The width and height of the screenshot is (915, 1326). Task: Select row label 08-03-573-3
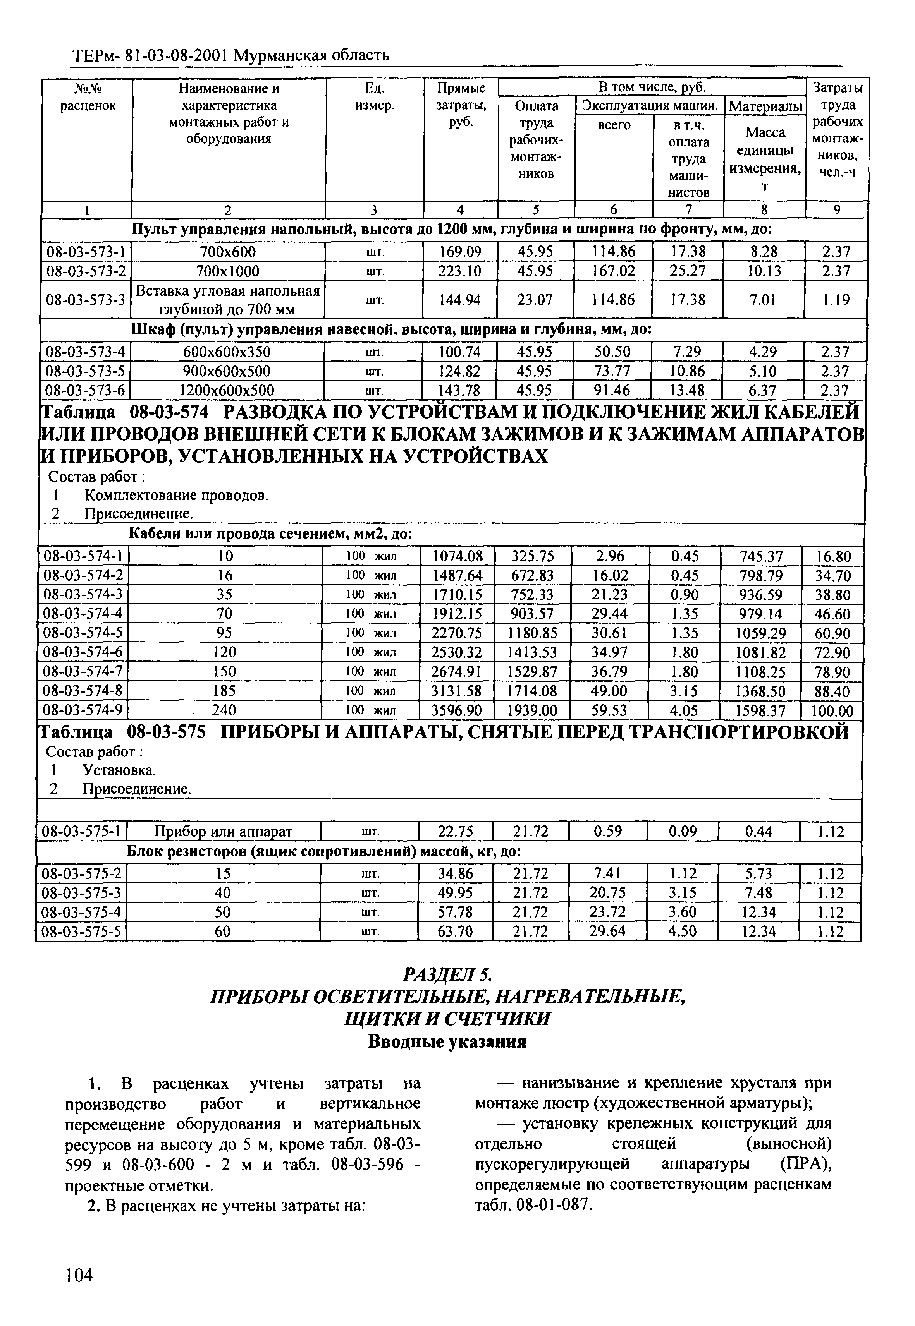tap(86, 299)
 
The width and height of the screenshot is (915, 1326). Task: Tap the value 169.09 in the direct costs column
tap(460, 252)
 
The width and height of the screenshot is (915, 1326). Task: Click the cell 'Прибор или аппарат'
tap(224, 832)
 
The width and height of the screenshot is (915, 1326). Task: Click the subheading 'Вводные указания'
tap(447, 1041)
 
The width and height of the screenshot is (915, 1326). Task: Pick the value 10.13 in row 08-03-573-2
tap(764, 271)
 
